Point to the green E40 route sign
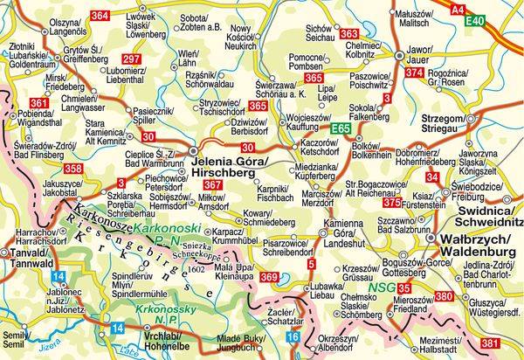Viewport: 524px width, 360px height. coord(500,20)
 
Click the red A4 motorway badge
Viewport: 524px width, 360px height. coord(482,8)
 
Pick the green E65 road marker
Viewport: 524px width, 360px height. coord(342,129)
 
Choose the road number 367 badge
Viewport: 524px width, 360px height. coord(212,185)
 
